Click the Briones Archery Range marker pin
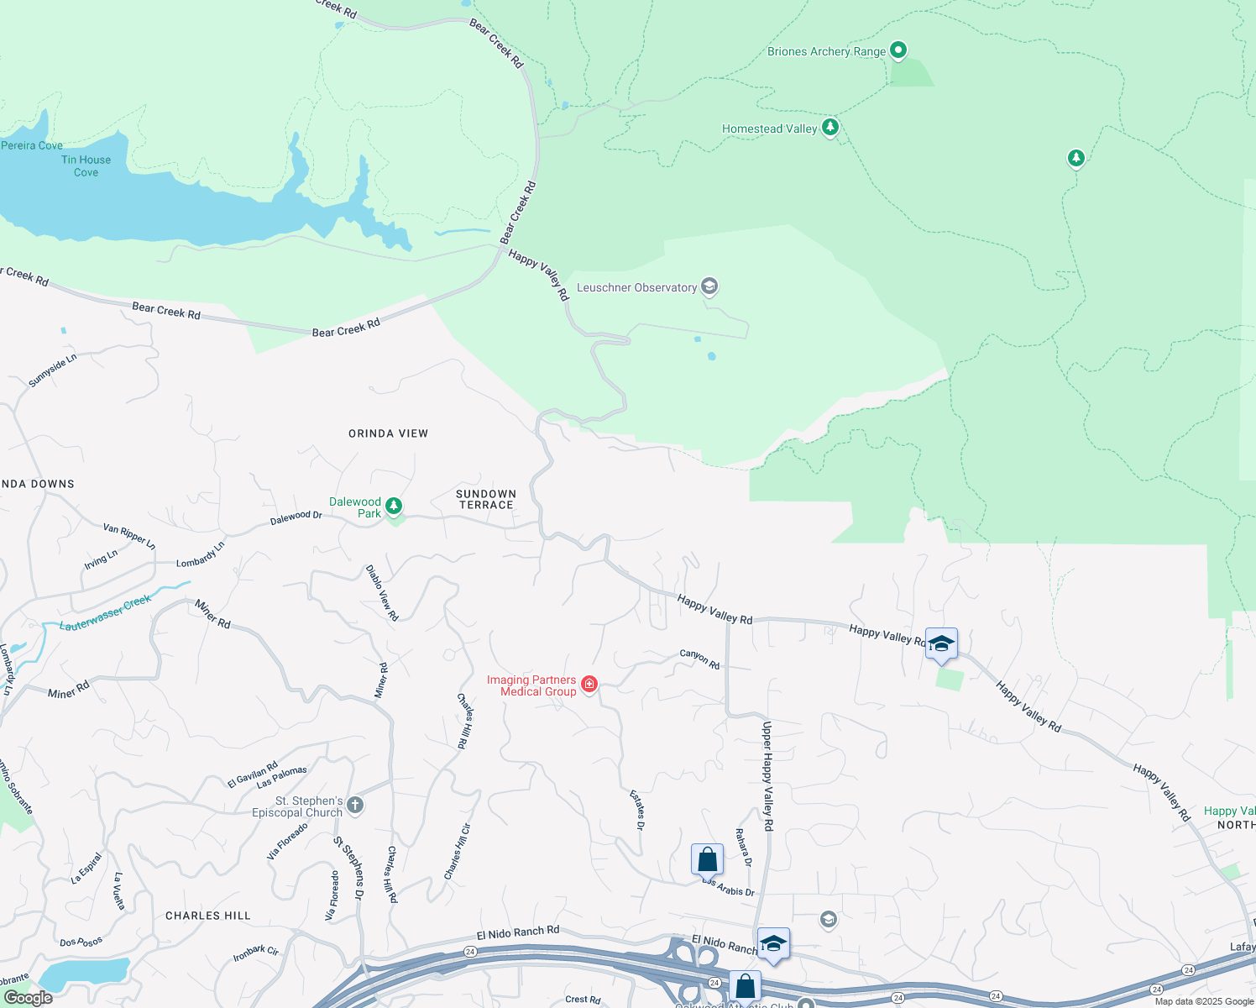coord(898,50)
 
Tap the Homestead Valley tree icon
coord(830,128)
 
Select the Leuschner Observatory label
coord(636,287)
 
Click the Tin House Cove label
coord(86,166)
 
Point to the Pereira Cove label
coord(32,145)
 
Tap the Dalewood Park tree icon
coord(394,507)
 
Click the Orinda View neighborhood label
coord(388,433)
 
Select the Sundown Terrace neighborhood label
coord(486,500)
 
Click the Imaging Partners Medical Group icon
coord(589,685)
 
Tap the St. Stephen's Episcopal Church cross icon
coord(355,806)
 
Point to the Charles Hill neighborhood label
coord(208,916)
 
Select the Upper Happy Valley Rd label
coord(767,775)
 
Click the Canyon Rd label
coord(699,659)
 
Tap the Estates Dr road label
coord(638,810)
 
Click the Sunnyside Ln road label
coord(52,370)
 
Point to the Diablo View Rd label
coord(382,593)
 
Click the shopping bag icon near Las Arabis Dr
coord(707,859)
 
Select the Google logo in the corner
coord(29,997)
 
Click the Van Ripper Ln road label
coord(129,537)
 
